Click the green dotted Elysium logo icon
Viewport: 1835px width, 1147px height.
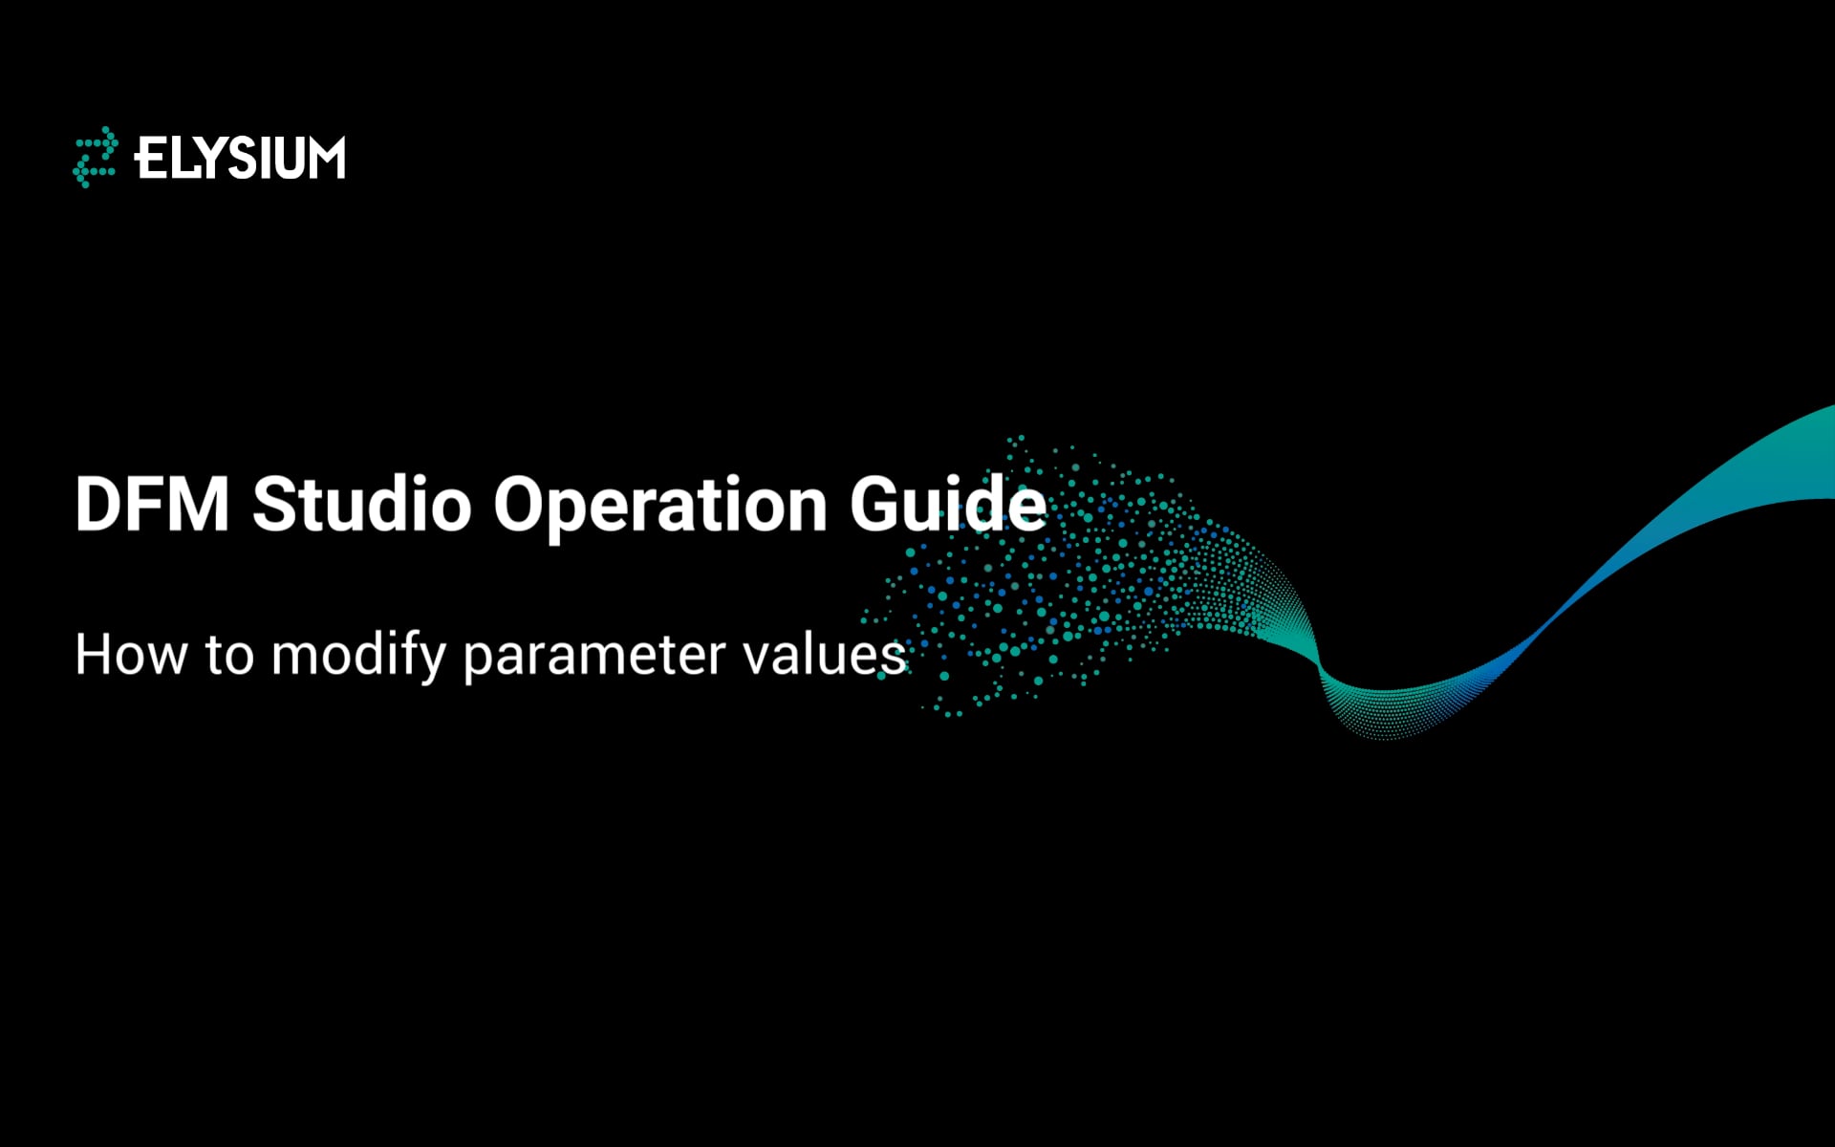96,157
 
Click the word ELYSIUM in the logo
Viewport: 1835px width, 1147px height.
240,159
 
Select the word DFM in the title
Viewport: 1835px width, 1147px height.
152,504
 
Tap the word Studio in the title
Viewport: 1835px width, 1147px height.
361,504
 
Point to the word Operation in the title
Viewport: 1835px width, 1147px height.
659,504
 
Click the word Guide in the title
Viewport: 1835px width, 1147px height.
948,504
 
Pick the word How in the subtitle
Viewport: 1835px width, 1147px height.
131,656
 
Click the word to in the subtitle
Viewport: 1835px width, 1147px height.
229,656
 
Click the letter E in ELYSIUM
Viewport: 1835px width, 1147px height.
149,159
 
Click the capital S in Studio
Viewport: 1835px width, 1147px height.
274,504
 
